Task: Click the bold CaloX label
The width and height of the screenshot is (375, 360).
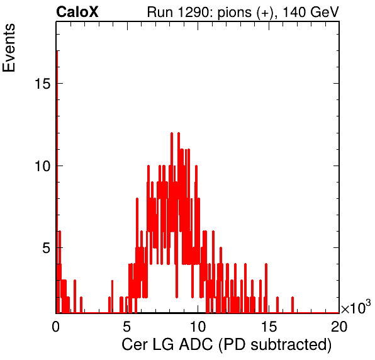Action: [x=77, y=12]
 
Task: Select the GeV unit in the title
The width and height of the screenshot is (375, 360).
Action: [x=324, y=12]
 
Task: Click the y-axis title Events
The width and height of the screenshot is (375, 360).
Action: [x=9, y=48]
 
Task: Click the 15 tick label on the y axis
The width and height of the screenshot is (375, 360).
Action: [x=43, y=84]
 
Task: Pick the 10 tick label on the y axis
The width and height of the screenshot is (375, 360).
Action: [x=43, y=166]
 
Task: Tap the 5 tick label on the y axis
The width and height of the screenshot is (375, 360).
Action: [x=47, y=248]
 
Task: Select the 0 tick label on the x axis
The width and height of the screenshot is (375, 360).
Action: [x=56, y=326]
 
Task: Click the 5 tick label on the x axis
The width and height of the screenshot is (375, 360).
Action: [x=126, y=326]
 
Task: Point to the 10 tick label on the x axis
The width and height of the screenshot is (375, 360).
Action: [x=198, y=326]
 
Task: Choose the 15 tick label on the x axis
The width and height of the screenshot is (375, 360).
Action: [x=268, y=326]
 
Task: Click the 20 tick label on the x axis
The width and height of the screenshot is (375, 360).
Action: [x=339, y=326]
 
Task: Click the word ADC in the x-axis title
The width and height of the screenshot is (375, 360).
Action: [x=196, y=344]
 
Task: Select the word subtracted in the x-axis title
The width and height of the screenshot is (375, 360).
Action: [x=289, y=344]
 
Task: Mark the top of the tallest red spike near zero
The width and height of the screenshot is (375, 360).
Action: [x=57, y=51]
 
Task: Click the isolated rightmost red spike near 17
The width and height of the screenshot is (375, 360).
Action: [x=293, y=305]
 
